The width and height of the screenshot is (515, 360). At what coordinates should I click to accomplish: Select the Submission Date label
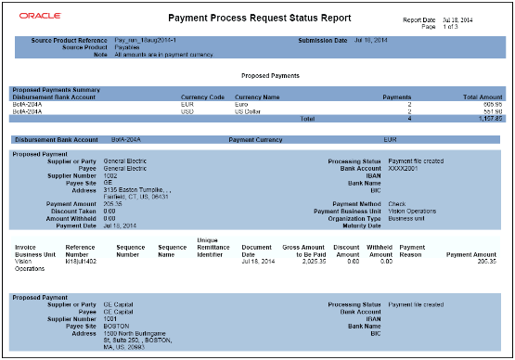click(x=322, y=41)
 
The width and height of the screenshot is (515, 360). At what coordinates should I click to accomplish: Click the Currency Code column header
click(x=204, y=96)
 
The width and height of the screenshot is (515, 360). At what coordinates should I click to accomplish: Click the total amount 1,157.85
click(x=488, y=119)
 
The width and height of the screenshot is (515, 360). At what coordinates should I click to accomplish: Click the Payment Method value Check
click(x=396, y=203)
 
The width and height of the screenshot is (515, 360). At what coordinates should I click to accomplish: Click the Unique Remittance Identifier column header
click(x=215, y=247)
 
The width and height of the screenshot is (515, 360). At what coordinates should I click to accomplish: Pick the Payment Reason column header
click(x=412, y=251)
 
